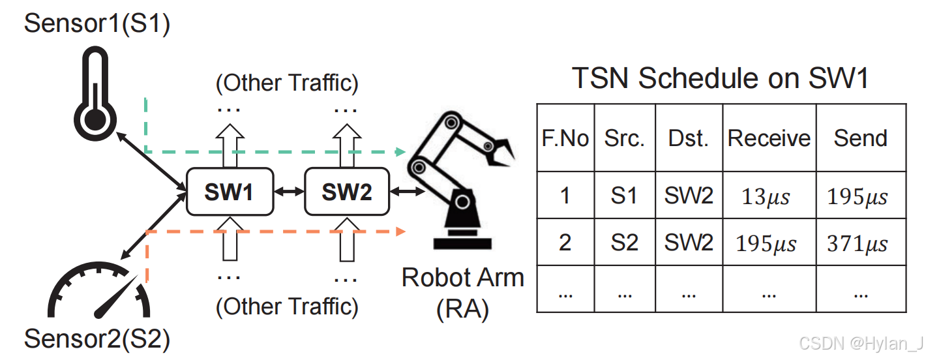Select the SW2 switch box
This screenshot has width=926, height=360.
pyautogui.click(x=346, y=192)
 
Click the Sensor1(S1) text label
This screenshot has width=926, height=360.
pyautogui.click(x=97, y=24)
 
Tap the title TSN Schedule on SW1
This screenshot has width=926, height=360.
pyautogui.click(x=721, y=79)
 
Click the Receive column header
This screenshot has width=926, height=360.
pyautogui.click(x=769, y=138)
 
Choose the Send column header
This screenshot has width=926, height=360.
pyautogui.click(x=860, y=138)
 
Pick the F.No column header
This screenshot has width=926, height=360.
pyautogui.click(x=565, y=138)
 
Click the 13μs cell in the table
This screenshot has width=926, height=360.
pyautogui.click(x=766, y=196)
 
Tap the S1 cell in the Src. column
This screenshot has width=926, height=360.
pyautogui.click(x=623, y=196)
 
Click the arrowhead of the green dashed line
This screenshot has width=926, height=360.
pyautogui.click(x=400, y=152)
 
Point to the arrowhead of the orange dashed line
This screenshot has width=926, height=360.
pyautogui.click(x=400, y=231)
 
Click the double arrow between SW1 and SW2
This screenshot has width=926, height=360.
pyautogui.click(x=288, y=192)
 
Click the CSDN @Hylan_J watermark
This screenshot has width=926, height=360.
pyautogui.click(x=861, y=344)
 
